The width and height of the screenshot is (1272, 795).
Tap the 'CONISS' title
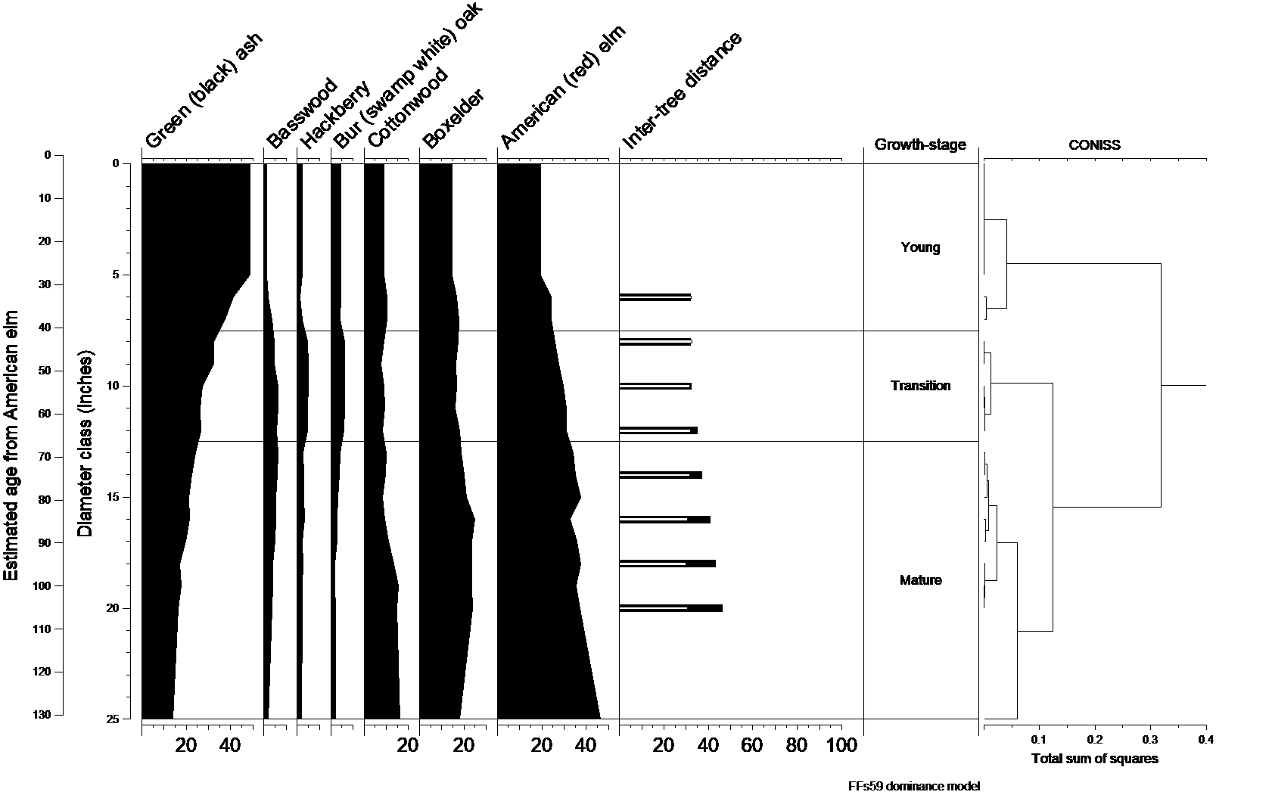[x=1094, y=144]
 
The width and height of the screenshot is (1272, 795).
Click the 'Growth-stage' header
[x=920, y=144]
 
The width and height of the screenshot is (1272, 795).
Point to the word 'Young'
[x=920, y=247]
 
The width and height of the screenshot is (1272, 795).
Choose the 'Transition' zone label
[x=920, y=386]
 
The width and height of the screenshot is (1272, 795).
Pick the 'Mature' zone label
[x=920, y=580]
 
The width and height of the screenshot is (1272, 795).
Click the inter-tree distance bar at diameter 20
[x=670, y=608]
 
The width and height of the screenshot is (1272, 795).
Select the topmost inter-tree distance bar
[x=655, y=297]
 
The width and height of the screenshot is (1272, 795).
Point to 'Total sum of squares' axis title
[x=1094, y=759]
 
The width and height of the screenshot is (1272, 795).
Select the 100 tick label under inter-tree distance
[x=841, y=746]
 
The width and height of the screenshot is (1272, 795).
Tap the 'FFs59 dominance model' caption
[x=913, y=786]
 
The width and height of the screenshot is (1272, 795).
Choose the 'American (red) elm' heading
[x=564, y=87]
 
